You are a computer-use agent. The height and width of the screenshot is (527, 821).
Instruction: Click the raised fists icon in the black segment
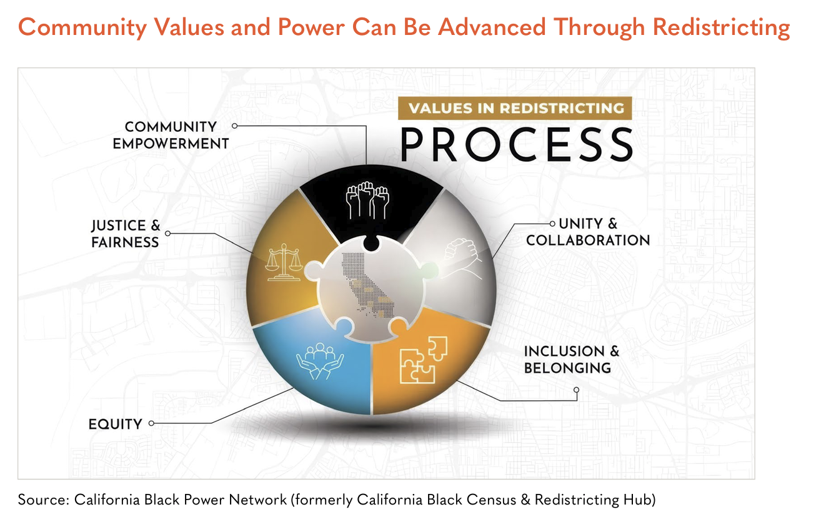(x=367, y=200)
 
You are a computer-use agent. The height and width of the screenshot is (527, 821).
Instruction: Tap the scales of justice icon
(x=284, y=262)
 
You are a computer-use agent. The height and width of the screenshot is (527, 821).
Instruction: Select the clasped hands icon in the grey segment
(x=462, y=258)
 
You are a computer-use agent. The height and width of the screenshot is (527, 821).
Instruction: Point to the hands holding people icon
(x=320, y=361)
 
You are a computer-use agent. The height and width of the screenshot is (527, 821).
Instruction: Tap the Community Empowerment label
(x=171, y=135)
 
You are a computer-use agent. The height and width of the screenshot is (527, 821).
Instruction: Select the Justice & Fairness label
(x=126, y=234)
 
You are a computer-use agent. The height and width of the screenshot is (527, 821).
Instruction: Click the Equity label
(x=115, y=424)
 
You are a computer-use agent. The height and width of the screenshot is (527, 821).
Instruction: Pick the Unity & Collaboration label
(x=588, y=232)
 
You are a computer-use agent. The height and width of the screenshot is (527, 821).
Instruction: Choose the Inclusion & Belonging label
(x=572, y=359)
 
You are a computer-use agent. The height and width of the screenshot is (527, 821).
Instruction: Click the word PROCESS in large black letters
(x=517, y=144)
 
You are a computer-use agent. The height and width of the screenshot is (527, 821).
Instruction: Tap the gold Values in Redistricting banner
(x=515, y=108)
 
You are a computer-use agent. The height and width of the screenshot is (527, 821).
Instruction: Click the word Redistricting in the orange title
(x=721, y=27)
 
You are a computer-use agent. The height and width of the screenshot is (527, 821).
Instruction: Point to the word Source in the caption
(x=44, y=500)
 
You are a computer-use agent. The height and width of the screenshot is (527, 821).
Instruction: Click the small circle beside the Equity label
(x=151, y=423)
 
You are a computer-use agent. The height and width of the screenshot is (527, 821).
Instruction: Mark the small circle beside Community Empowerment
(x=234, y=126)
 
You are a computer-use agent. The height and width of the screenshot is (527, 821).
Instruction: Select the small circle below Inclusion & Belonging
(x=577, y=390)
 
